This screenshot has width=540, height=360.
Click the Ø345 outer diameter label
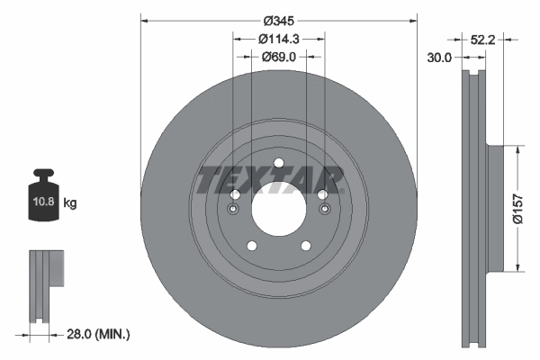278,21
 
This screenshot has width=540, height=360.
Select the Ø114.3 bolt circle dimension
278,39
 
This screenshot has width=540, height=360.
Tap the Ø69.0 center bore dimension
279,56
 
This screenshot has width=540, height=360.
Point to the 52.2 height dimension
484,39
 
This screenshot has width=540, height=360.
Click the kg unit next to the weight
70,203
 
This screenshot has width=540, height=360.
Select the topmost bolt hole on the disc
278,164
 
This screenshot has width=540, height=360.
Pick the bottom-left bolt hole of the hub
251,246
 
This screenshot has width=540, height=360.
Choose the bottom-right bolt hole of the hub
305,246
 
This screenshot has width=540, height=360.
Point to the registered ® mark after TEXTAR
344,190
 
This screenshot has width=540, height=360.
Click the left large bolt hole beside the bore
235,195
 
